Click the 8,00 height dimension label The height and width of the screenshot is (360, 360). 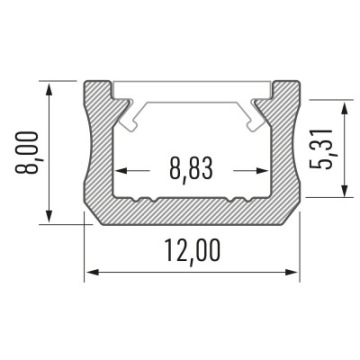(27, 152)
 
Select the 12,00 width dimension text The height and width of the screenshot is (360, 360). (192, 252)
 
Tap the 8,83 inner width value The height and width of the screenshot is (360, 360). (191, 169)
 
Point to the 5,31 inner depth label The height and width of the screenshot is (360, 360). (321, 149)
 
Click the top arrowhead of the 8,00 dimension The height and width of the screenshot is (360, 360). (49, 90)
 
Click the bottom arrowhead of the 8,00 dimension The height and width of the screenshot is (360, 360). (49, 215)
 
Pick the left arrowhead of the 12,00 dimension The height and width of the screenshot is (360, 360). (93, 272)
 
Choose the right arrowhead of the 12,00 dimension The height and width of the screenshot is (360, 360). (291, 272)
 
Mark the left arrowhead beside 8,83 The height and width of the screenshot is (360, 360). (122, 171)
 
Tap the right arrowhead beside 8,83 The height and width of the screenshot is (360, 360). (261, 171)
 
